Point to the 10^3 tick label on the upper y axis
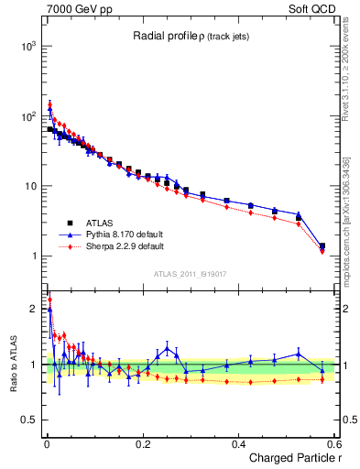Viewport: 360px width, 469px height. pos(27,45)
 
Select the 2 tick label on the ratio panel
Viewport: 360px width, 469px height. pos(33,309)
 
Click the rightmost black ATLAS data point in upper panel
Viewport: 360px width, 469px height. pos(322,245)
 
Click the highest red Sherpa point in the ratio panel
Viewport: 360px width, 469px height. pos(49,300)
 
